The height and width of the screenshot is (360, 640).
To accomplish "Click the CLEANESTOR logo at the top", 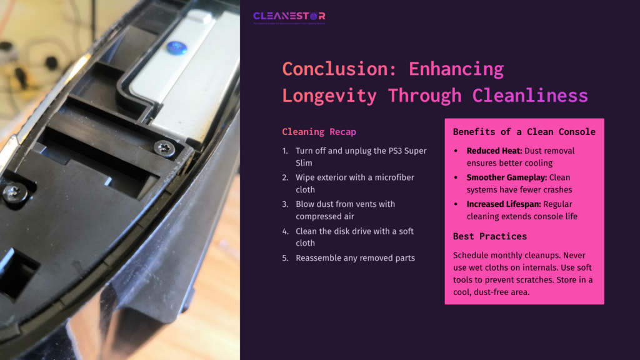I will point(289,16).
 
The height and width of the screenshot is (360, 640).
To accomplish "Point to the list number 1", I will point(285,151).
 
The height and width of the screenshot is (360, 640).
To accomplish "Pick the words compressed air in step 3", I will point(326,216).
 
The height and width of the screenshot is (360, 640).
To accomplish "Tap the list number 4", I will point(285,231).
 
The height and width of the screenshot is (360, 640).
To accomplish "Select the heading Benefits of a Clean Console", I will point(524,132).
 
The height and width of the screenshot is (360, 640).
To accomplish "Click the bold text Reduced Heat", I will point(494,151).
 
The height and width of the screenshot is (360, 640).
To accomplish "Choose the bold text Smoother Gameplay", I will point(506,177).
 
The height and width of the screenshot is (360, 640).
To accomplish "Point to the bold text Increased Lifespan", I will point(504,204).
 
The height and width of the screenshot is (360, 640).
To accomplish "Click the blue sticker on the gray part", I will point(177,47).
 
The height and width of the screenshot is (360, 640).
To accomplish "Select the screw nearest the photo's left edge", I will point(13,192).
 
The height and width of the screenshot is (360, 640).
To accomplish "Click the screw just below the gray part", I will point(164,148).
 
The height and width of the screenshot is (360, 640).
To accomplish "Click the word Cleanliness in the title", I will point(530,96).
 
